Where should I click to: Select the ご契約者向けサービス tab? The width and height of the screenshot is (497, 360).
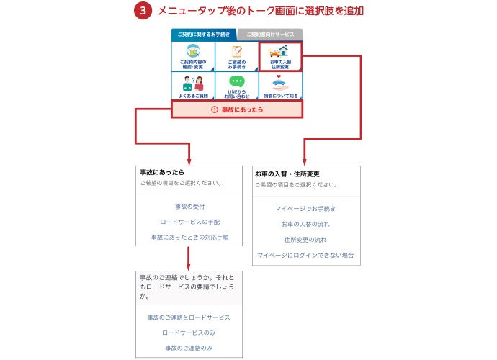270,34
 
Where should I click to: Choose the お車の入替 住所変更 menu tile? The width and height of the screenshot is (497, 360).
281,56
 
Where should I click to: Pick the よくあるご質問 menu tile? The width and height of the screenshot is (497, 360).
193,86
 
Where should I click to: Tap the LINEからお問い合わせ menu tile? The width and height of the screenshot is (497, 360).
237,86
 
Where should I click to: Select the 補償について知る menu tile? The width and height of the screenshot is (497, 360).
281,86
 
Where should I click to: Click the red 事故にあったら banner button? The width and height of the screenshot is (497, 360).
237,109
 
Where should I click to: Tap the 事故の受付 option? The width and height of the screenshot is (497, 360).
189,207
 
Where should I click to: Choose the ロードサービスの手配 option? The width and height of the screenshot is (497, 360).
189,222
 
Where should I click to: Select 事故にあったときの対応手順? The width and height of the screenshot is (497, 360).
189,237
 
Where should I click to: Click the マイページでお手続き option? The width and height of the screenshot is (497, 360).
305,209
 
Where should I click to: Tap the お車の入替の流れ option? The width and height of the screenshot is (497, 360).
305,224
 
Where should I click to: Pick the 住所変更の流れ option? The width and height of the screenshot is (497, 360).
305,240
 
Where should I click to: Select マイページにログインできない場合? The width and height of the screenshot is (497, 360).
305,255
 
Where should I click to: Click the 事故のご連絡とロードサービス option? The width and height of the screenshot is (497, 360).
189,318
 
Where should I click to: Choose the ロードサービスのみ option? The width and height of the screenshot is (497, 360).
189,333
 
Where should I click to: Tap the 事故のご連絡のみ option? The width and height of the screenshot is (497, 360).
189,348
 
